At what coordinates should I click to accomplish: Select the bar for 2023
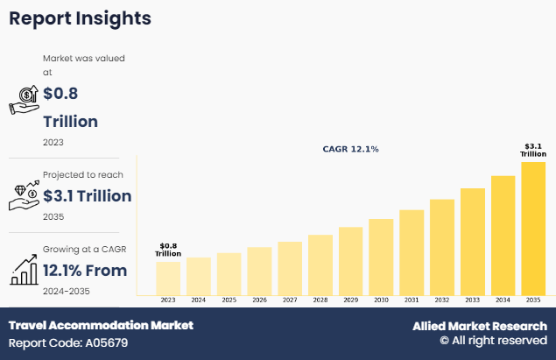[168, 278]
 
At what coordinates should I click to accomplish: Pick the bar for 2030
[381, 256]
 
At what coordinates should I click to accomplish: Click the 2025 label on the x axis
[229, 300]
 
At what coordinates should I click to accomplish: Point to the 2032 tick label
[442, 300]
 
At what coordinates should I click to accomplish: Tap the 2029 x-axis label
[350, 300]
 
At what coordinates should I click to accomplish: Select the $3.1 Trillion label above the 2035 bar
[533, 150]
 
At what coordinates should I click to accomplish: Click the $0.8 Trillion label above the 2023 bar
[168, 250]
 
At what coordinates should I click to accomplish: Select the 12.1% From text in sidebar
[85, 270]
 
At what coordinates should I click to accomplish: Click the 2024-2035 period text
[67, 291]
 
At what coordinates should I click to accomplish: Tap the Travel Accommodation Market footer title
[101, 325]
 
